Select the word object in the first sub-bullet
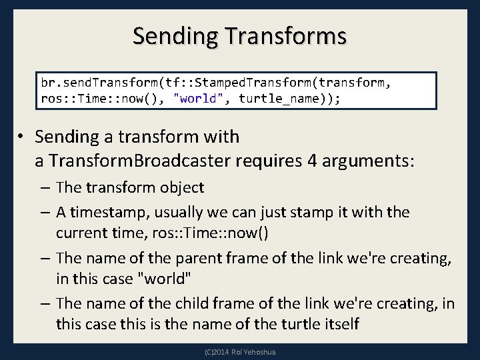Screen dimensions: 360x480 (x=180, y=188)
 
